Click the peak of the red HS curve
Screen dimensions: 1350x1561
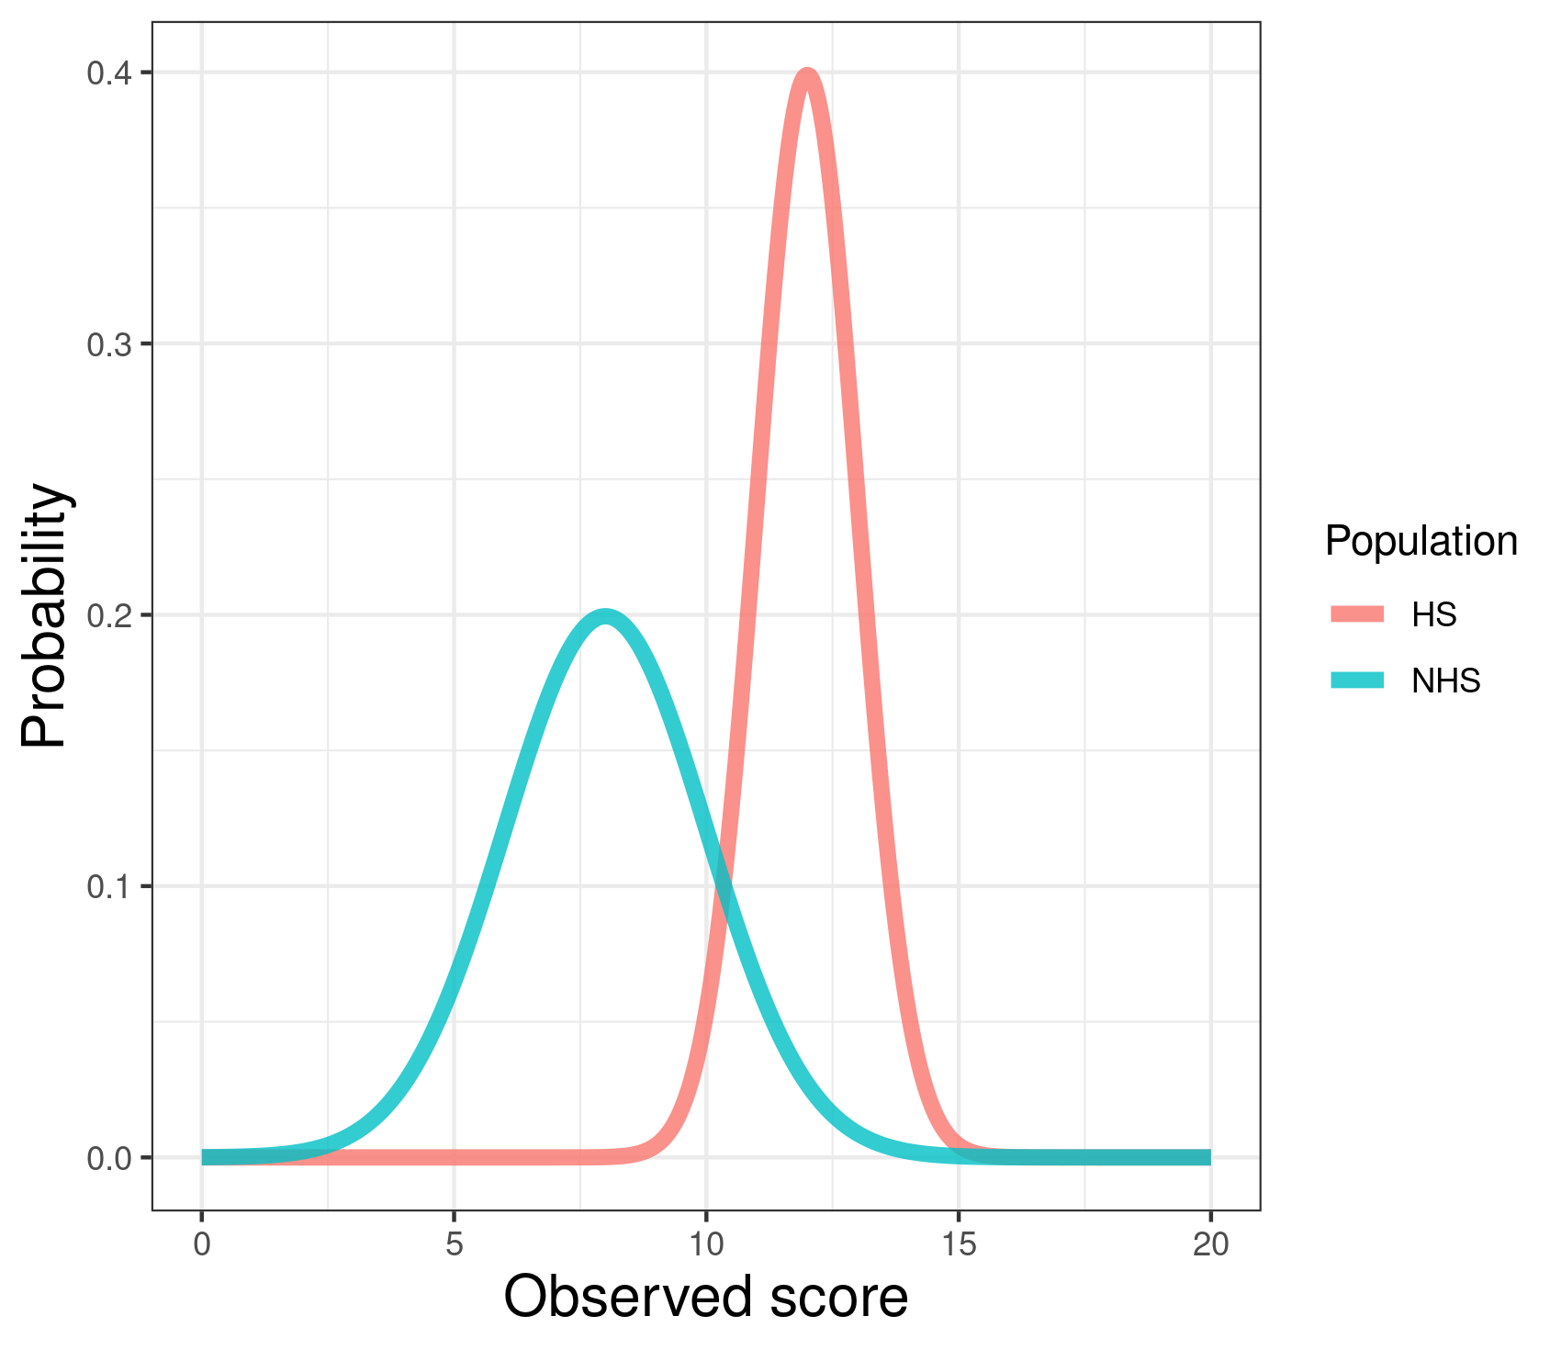(807, 74)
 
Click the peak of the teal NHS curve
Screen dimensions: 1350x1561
(605, 616)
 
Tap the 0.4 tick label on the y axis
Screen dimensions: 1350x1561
(107, 73)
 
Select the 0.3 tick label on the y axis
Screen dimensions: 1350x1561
(107, 344)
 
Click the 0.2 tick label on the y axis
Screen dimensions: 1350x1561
(107, 615)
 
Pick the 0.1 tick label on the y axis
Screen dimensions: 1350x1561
(107, 886)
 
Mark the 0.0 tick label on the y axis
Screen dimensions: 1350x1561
(107, 1158)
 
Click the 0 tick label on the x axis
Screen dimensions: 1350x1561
(202, 1244)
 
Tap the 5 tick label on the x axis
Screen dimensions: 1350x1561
(454, 1244)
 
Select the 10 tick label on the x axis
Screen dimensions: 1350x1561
(706, 1244)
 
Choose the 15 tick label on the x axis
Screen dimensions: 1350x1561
(959, 1244)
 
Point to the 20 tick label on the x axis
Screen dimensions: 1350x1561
(1210, 1244)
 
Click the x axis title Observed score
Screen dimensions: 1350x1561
(705, 1297)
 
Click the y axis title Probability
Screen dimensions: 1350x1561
(46, 615)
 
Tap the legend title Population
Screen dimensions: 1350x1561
(1421, 541)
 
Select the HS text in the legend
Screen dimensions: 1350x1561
(1434, 614)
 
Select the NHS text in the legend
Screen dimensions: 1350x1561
(1446, 681)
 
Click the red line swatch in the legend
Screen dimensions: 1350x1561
(1357, 614)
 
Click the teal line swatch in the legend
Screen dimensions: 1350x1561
(1357, 681)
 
